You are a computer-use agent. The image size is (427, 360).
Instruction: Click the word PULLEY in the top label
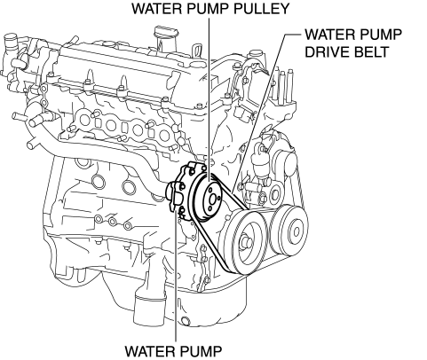261,9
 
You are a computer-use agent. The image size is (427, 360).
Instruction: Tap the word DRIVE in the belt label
328,52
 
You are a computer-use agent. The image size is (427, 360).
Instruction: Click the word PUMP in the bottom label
200,351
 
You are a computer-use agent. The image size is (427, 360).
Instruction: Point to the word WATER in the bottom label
150,351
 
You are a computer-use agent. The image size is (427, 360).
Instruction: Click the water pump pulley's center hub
212,200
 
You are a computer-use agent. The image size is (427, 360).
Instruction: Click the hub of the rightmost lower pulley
296,231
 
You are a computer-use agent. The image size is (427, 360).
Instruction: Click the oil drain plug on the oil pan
186,321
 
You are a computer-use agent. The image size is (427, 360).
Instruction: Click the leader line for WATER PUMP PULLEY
210,99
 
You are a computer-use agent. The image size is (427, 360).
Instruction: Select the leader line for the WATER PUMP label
176,276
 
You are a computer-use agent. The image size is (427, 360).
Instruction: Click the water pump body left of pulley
180,193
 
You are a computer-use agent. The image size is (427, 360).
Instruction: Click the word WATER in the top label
157,9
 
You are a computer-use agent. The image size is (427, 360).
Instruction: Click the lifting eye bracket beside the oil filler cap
197,51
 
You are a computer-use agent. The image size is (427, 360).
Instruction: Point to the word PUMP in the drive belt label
381,35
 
